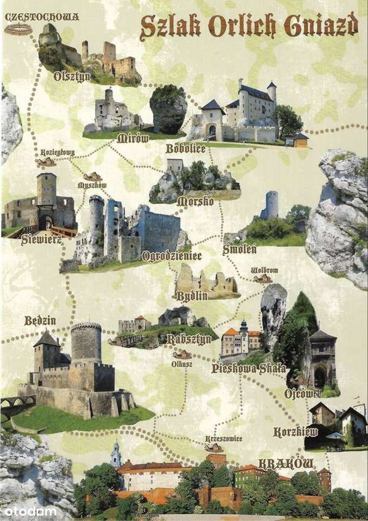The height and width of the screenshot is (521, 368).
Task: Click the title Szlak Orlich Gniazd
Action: click(249, 26)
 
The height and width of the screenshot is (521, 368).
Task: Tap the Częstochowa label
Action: click(42, 17)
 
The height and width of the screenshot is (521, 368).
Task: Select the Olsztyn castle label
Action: click(72, 77)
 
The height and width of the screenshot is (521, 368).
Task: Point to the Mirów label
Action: click(133, 138)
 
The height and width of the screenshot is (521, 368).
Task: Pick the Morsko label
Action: click(195, 201)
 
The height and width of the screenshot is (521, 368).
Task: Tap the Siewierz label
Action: click(42, 240)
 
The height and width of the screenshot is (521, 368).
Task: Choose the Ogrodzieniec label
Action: click(171, 256)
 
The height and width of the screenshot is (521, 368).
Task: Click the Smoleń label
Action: click(239, 249)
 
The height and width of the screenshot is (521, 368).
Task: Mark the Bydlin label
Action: click(192, 296)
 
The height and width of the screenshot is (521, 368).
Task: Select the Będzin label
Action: click(40, 320)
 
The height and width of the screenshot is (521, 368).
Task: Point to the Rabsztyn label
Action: click(189, 339)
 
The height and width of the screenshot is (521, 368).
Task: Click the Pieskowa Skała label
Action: click(248, 369)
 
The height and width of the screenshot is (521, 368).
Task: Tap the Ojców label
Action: click(302, 393)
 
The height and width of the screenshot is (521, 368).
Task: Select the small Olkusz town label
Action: click(182, 364)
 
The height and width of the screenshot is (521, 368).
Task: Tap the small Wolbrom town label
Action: click(264, 271)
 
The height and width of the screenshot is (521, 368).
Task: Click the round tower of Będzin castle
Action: click(86, 344)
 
